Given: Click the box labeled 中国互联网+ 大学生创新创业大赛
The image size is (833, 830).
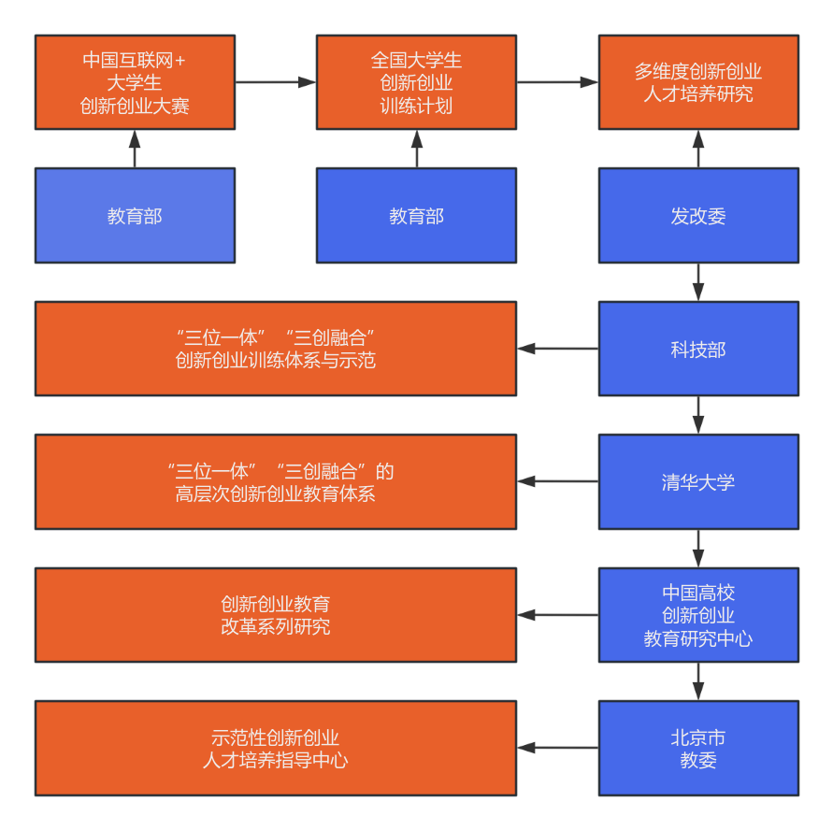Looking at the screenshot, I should click(x=135, y=82).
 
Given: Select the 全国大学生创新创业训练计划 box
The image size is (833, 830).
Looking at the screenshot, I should click(x=416, y=82).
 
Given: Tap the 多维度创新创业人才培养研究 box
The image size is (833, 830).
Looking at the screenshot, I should click(x=698, y=82).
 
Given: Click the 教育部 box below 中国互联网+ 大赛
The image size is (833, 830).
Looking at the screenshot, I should click(x=135, y=216).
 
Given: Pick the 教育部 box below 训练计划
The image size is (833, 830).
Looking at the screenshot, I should click(x=416, y=216).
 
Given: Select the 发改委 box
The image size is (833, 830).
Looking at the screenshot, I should click(x=698, y=216).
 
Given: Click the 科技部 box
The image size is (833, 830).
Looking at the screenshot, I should click(x=698, y=350).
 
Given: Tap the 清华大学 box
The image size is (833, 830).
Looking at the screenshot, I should click(x=698, y=482).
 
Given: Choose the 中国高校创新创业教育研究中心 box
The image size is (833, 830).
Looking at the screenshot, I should click(x=698, y=616).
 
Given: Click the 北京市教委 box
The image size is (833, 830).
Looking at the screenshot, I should click(x=698, y=749).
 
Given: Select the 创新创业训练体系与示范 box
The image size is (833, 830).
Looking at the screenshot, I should click(x=276, y=349).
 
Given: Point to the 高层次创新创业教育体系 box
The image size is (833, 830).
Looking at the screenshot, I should click(x=276, y=482).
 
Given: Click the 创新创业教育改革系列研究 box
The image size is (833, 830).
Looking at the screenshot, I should click(x=276, y=615).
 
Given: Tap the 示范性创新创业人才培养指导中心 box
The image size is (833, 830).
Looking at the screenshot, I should click(x=276, y=749).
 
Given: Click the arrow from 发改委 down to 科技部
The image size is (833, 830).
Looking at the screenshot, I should click(x=698, y=282).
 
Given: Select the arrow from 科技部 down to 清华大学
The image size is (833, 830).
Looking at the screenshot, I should click(x=698, y=415).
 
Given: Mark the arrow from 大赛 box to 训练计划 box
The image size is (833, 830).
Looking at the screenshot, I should click(x=276, y=82).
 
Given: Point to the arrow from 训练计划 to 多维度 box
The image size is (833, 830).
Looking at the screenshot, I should click(x=557, y=82).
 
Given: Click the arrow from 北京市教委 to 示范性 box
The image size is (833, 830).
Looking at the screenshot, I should click(x=558, y=748).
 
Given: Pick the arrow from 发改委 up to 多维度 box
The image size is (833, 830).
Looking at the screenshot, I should click(x=698, y=150).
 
